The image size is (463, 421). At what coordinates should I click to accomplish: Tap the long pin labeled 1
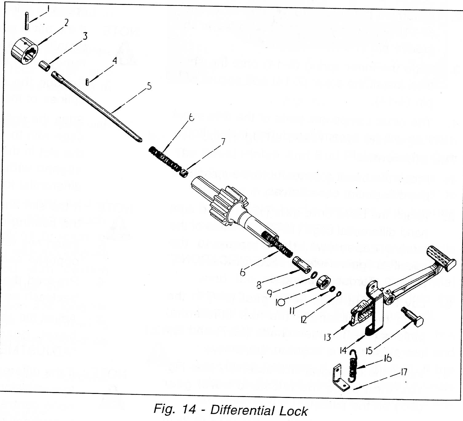click(27, 21)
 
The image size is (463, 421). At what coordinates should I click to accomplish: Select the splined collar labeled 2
click(24, 50)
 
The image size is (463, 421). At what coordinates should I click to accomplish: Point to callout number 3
click(85, 36)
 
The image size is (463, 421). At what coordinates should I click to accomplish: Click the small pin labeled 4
click(87, 82)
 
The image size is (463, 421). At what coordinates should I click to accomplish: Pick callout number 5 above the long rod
click(149, 86)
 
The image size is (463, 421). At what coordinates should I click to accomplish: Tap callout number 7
click(223, 142)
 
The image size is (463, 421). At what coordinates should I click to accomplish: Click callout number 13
click(327, 337)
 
